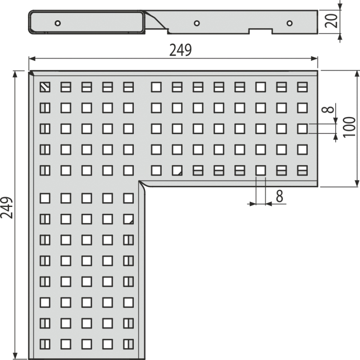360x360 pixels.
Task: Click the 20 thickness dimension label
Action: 332,21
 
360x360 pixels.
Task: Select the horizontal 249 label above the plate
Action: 181,50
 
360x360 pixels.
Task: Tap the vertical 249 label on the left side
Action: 7,207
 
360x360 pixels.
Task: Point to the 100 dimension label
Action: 349,127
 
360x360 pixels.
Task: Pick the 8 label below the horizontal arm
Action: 279,196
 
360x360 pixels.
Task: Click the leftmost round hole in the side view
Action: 58,23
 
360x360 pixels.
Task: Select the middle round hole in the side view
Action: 196,23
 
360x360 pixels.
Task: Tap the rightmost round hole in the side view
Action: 289,23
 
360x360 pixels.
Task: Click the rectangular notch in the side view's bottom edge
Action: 261,31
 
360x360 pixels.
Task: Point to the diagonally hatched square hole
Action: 45,87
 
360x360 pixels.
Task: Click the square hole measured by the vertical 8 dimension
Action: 302,129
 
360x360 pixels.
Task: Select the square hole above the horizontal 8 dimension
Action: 261,171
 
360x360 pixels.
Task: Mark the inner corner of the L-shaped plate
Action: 139,181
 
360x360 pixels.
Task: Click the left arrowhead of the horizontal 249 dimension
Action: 32,59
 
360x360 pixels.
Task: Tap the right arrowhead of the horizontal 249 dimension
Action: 314,59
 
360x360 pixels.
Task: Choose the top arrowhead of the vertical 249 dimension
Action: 15,74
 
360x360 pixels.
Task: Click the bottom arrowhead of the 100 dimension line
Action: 357,183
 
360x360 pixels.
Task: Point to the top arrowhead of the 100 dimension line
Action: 357,74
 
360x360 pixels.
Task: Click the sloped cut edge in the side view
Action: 156,20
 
